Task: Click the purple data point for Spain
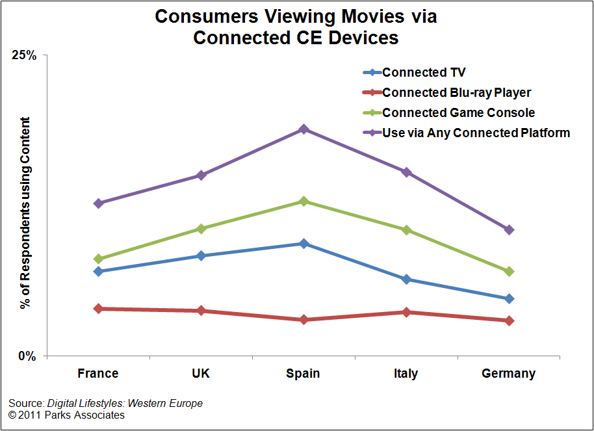[303, 129]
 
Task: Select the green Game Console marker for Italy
[406, 230]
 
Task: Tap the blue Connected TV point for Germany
[509, 298]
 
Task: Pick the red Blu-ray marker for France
[98, 309]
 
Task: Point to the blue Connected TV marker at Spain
[303, 244]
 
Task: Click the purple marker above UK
[201, 176]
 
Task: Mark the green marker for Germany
[509, 271]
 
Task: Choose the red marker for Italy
[406, 312]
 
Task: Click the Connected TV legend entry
[424, 73]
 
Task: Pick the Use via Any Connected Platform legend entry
[476, 133]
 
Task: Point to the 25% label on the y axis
[24, 55]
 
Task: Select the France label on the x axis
[98, 374]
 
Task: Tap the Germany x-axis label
[509, 374]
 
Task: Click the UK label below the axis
[201, 374]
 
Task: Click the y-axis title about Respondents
[25, 213]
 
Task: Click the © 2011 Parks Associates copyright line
[66, 415]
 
